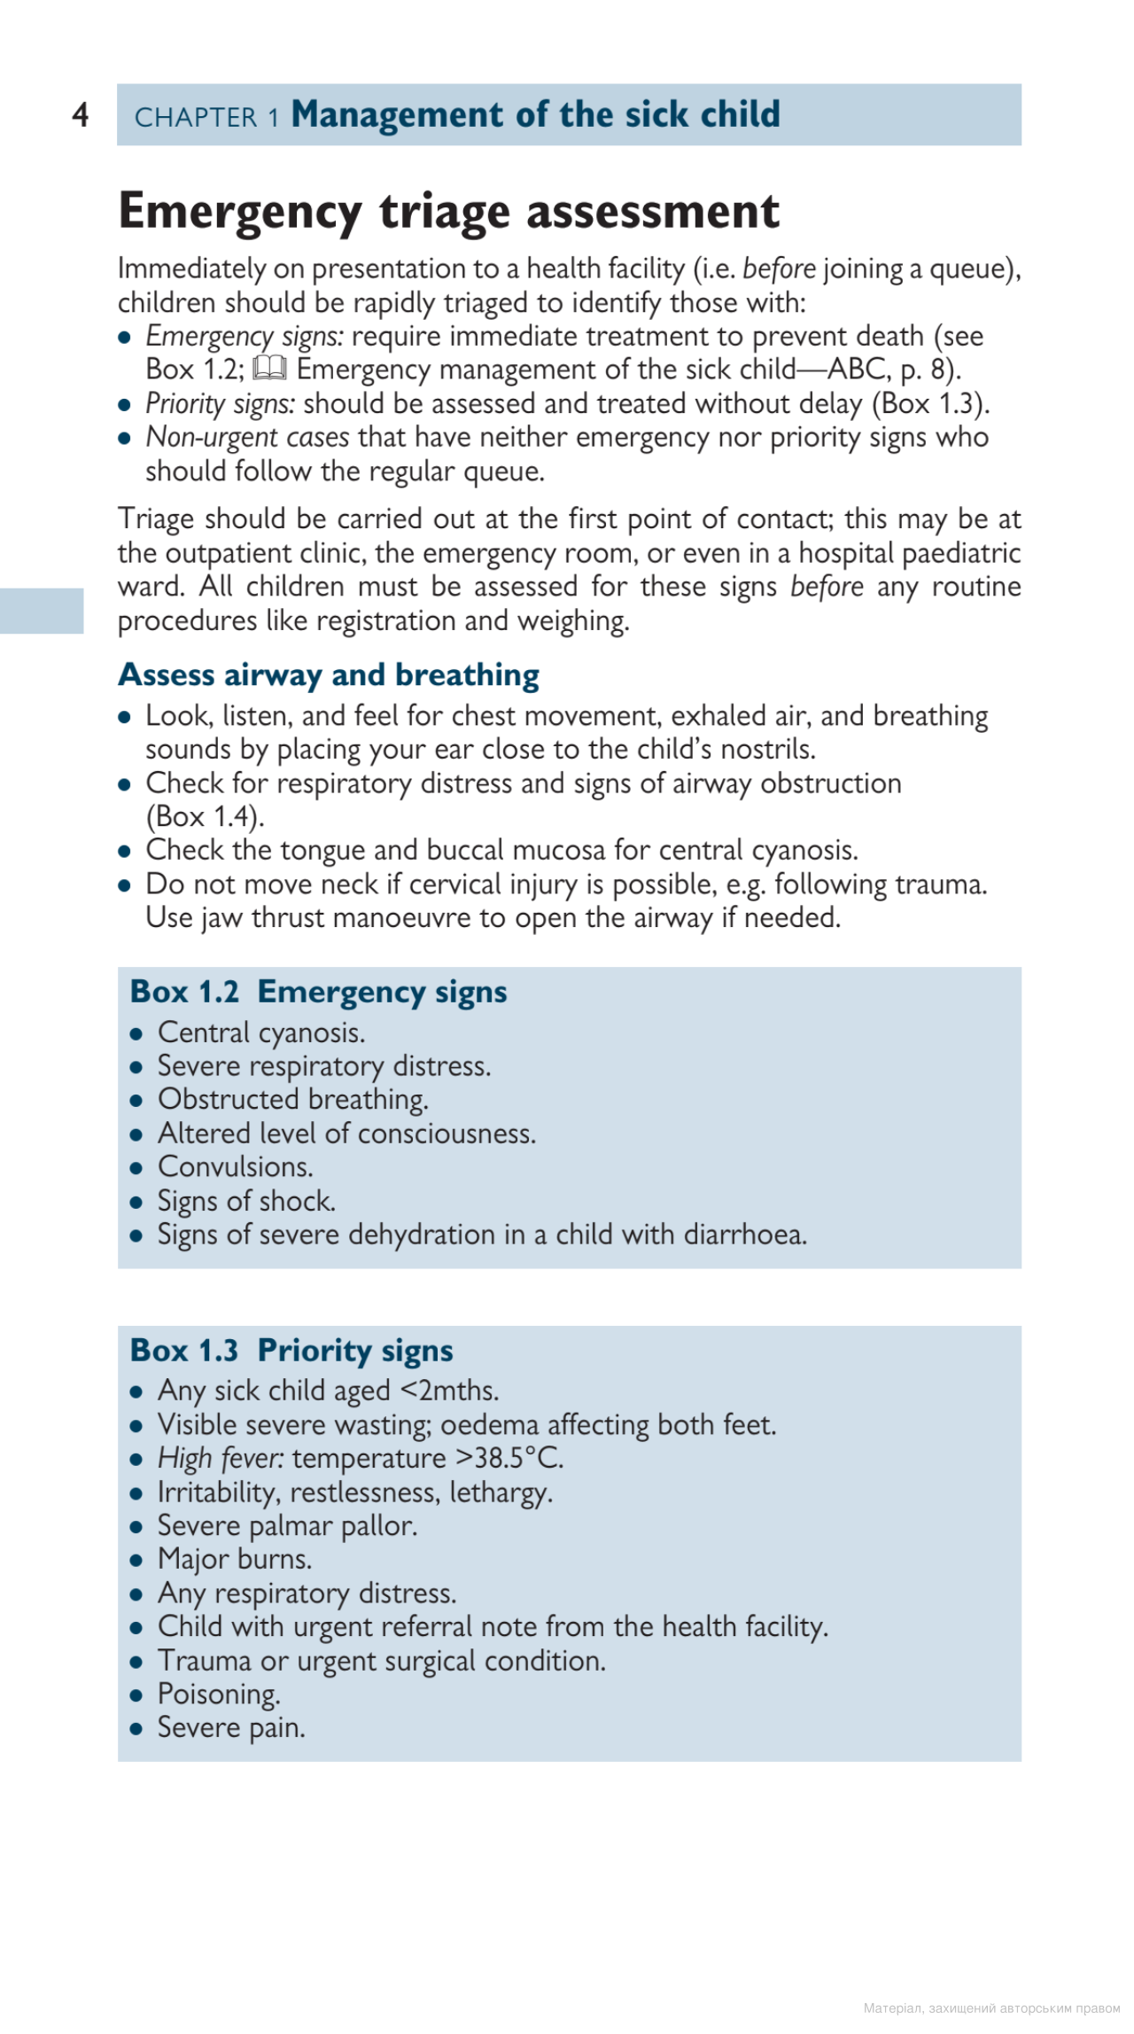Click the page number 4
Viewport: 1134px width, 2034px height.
coord(81,114)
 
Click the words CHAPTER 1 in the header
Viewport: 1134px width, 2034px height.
coord(206,117)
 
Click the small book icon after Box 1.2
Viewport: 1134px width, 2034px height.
coord(269,368)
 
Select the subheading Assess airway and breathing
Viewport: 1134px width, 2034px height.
coord(329,674)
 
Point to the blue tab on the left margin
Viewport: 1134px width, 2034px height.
coord(42,611)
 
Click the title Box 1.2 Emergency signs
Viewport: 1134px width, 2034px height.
coord(318,992)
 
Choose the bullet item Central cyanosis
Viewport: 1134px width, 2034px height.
coord(260,1033)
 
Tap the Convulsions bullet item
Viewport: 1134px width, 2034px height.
coord(235,1166)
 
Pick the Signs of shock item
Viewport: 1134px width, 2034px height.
coord(246,1201)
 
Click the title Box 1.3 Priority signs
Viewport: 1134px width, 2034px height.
coord(291,1351)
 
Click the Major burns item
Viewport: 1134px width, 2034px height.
coord(234,1559)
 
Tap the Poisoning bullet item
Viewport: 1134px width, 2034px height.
coord(218,1694)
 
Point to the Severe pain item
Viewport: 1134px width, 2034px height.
coord(230,1727)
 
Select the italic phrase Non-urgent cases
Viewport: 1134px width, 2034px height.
coord(247,437)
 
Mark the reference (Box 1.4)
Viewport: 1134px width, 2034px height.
coord(205,816)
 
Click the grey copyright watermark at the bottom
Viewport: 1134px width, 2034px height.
coord(991,2007)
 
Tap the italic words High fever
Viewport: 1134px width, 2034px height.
coord(221,1459)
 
